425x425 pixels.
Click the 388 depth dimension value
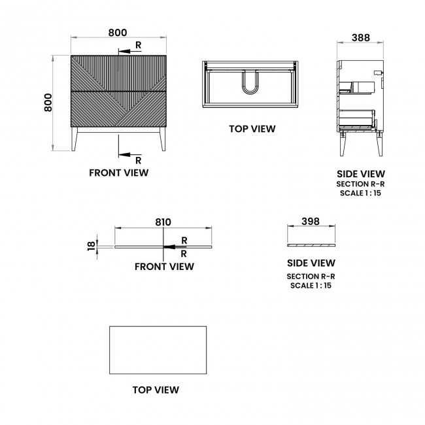[360, 38]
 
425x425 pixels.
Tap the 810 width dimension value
[163, 222]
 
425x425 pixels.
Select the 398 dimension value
[311, 222]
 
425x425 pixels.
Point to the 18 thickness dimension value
[92, 246]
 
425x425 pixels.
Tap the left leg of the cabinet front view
[75, 139]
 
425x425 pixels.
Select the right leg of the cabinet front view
[163, 139]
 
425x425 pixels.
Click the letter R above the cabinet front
[138, 45]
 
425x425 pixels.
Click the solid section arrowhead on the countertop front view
[169, 247]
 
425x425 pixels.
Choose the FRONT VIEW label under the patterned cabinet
[119, 173]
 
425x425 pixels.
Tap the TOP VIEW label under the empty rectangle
[156, 390]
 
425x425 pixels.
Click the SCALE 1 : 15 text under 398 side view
[311, 286]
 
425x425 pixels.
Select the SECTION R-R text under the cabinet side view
[360, 184]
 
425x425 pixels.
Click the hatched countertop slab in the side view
[311, 245]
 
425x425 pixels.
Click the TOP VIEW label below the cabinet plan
[252, 129]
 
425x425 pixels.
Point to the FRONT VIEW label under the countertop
[164, 267]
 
